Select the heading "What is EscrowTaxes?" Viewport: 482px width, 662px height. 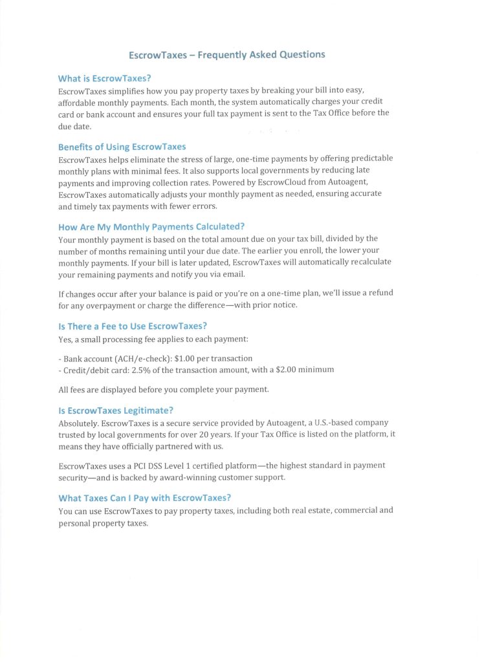pyautogui.click(x=104, y=79)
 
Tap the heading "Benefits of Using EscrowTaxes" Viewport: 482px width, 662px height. pyautogui.click(x=122, y=147)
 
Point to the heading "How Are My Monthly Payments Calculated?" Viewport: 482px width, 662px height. pyautogui.click(x=151, y=227)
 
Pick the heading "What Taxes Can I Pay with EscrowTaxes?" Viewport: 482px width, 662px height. pyautogui.click(x=144, y=498)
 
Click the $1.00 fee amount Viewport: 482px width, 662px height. pyautogui.click(x=188, y=358)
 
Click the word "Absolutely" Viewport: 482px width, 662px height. pyautogui.click(x=78, y=423)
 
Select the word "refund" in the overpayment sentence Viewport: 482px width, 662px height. pyautogui.click(x=378, y=293)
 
